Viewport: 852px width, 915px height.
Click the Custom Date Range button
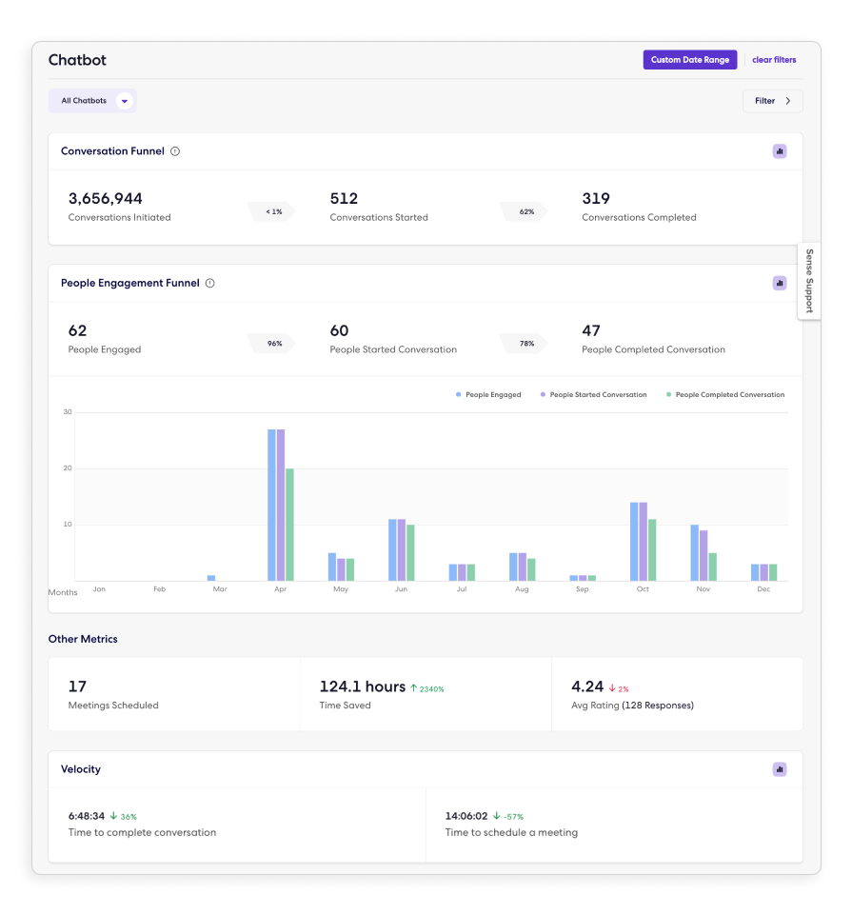pyautogui.click(x=690, y=60)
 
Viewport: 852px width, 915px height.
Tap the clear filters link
pyautogui.click(x=774, y=60)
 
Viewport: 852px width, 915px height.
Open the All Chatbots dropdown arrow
pyautogui.click(x=124, y=101)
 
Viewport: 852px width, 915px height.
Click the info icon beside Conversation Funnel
pyautogui.click(x=175, y=151)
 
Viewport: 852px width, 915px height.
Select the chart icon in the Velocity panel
pyautogui.click(x=780, y=769)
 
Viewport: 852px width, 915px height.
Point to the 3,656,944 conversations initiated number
pyautogui.click(x=106, y=199)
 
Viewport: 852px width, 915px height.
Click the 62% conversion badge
pyautogui.click(x=526, y=211)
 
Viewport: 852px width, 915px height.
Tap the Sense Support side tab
pyautogui.click(x=809, y=281)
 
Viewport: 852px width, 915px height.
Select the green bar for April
pyautogui.click(x=289, y=524)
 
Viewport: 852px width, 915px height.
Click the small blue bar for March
pyautogui.click(x=211, y=578)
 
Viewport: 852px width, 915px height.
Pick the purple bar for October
pyautogui.click(x=643, y=541)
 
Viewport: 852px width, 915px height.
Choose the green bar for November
pyautogui.click(x=712, y=567)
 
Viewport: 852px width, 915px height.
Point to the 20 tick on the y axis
pyautogui.click(x=68, y=468)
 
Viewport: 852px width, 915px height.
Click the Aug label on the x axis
pyautogui.click(x=522, y=589)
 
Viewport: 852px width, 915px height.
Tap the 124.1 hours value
pyautogui.click(x=362, y=686)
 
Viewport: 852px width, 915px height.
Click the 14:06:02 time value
pyautogui.click(x=466, y=816)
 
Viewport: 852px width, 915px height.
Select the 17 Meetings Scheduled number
pyautogui.click(x=78, y=686)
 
